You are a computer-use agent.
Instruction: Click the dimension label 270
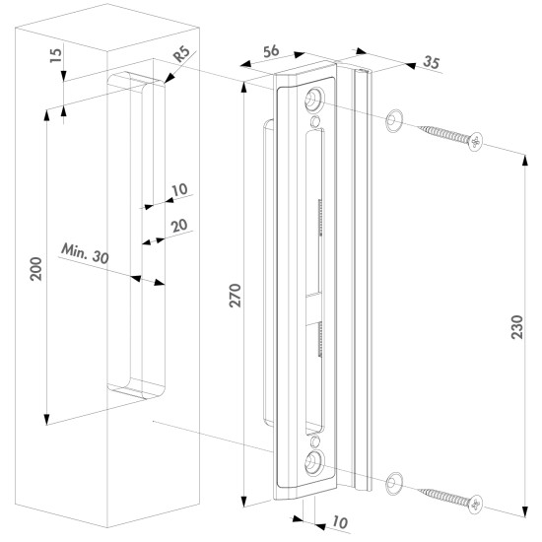(236, 296)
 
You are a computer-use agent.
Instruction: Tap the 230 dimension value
(517, 327)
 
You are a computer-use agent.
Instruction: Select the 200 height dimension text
(35, 269)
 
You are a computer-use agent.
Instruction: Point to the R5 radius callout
(181, 54)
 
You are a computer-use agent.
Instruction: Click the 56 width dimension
(271, 51)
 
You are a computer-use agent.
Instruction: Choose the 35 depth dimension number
(432, 62)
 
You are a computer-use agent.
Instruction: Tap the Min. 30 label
(85, 253)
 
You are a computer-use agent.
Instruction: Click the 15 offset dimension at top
(56, 55)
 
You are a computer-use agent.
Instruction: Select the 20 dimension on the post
(179, 226)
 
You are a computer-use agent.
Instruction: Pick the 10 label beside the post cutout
(179, 190)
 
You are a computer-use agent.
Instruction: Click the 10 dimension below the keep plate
(340, 522)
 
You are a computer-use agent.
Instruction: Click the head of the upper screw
(476, 141)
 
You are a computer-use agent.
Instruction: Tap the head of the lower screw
(476, 504)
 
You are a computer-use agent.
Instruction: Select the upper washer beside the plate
(394, 120)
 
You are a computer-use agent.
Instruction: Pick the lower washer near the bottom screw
(394, 484)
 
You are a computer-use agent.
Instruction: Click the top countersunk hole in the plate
(313, 100)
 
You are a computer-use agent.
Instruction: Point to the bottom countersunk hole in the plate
(313, 462)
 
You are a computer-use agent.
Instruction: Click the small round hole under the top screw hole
(315, 121)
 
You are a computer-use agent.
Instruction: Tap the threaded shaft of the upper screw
(444, 134)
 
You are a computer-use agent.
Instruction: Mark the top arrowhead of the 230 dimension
(525, 161)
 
